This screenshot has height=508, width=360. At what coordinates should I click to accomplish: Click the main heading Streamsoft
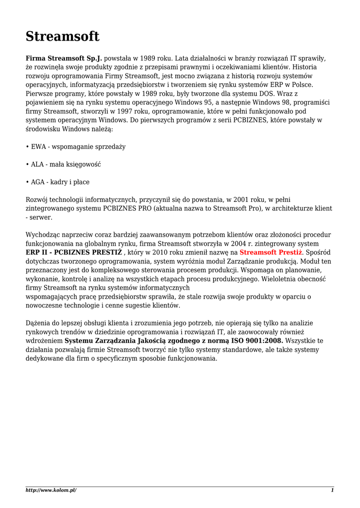click(63, 36)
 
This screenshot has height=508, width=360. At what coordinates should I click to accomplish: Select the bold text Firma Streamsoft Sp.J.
click(64, 58)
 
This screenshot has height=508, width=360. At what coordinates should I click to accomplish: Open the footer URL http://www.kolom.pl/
click(51, 490)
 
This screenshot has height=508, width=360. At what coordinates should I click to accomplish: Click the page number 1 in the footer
click(332, 490)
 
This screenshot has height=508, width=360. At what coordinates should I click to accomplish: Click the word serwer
click(41, 217)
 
